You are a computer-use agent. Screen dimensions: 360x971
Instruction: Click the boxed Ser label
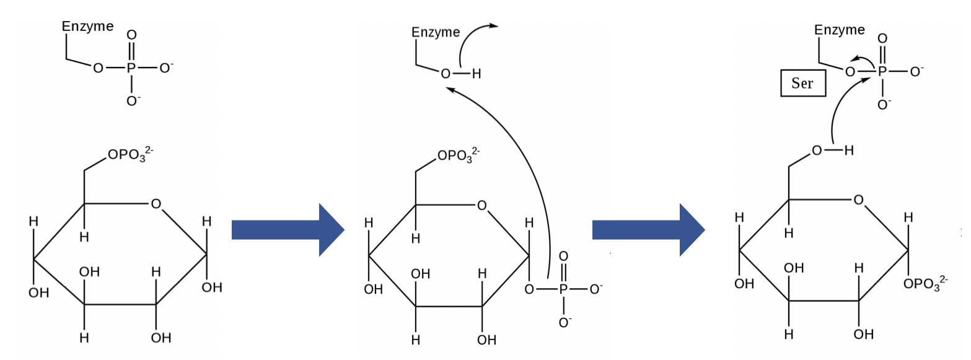click(802, 83)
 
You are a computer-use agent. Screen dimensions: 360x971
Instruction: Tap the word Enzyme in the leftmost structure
click(87, 27)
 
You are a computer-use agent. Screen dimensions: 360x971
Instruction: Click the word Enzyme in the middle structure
click(436, 32)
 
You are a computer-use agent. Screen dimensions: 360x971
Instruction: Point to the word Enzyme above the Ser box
click(839, 30)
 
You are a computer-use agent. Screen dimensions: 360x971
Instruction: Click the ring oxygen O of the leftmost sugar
click(156, 203)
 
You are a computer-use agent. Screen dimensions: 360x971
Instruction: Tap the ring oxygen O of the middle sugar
click(481, 205)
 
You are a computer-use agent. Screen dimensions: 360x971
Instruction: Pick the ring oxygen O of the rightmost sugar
click(858, 200)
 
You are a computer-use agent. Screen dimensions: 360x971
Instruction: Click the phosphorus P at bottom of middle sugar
click(563, 289)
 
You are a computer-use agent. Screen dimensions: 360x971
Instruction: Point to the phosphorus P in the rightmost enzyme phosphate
click(882, 72)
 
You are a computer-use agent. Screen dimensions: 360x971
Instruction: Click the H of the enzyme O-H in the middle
click(476, 74)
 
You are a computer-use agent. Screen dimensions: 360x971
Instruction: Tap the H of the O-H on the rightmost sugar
click(848, 151)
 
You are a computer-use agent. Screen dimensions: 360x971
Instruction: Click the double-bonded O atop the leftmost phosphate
click(131, 35)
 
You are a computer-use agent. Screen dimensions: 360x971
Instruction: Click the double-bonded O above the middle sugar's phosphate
click(563, 257)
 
